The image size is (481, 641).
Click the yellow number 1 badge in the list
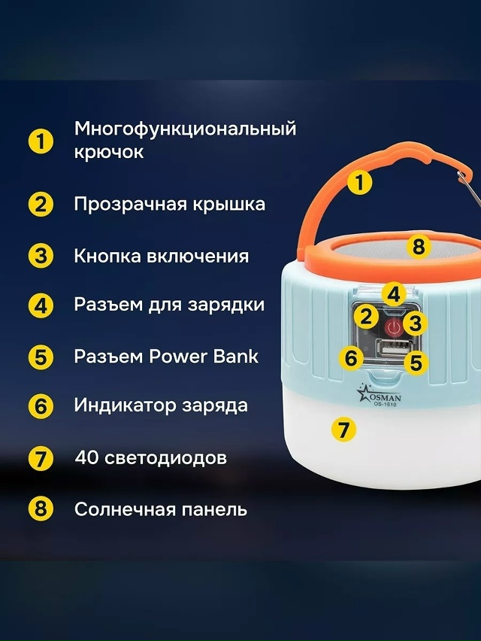41,142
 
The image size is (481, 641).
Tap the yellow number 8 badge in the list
41,509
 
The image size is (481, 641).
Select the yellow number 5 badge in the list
41,357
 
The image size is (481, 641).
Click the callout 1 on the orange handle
360,183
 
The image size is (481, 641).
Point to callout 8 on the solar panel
419,247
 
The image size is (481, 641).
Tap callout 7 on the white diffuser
343,430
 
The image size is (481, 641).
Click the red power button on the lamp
393,327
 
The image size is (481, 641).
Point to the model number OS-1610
385,404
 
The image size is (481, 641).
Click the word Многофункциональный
185,129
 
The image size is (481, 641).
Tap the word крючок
109,152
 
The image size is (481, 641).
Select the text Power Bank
204,356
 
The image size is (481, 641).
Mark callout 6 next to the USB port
351,357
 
